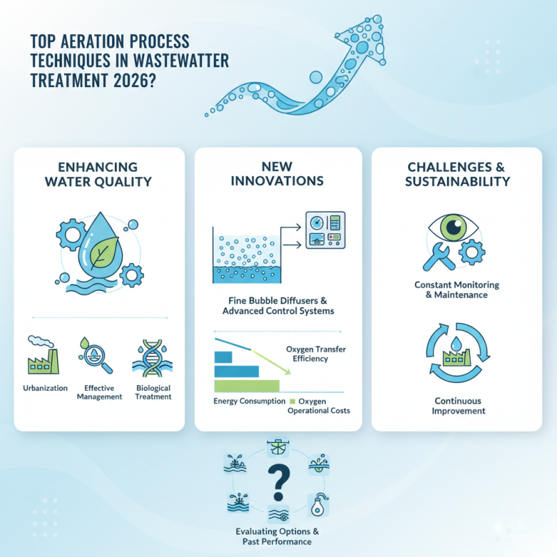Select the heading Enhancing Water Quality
99,175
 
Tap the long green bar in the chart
246,385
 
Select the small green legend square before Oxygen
292,402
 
